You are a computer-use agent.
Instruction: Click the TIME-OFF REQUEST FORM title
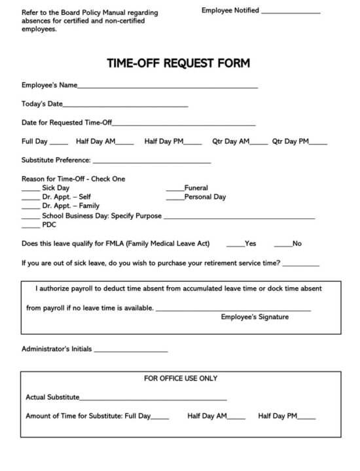pyautogui.click(x=179, y=63)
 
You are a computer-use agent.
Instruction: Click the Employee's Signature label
pyautogui.click(x=255, y=317)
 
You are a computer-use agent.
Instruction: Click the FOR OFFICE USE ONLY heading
pyautogui.click(x=181, y=378)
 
